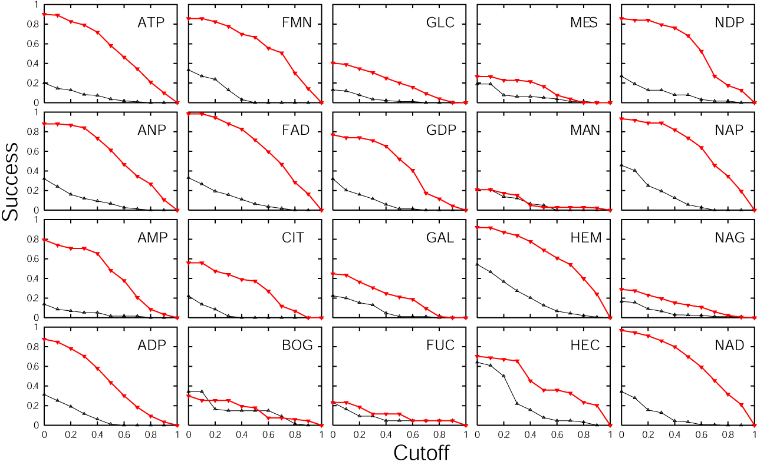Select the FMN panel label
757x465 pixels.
(x=297, y=24)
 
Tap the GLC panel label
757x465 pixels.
(x=440, y=24)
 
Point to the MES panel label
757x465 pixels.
(x=584, y=24)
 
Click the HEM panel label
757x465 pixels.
(x=585, y=238)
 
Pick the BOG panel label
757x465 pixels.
(x=297, y=346)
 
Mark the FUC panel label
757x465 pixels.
(x=440, y=346)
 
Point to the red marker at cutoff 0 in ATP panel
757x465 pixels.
(x=44, y=14)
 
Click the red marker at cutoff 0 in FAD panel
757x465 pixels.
(x=188, y=114)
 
